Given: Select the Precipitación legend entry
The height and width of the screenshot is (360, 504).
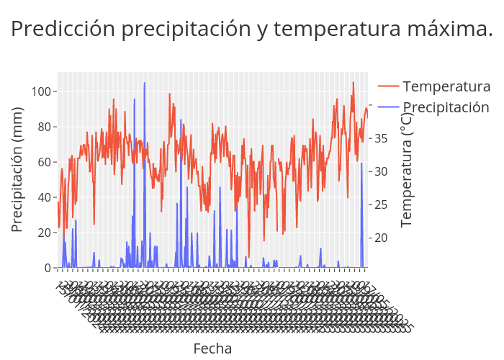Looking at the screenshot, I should [x=446, y=107].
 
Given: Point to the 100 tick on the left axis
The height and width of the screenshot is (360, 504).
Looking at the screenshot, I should [x=40, y=91].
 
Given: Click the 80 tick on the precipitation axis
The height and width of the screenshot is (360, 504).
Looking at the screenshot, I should [x=44, y=127].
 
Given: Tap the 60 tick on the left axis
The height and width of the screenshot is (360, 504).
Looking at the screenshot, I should [x=44, y=162].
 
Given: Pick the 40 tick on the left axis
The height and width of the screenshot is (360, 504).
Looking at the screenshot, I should [x=44, y=197].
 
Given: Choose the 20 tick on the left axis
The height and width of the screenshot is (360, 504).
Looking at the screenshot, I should [x=44, y=233].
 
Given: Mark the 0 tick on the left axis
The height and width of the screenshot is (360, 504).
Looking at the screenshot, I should [x=48, y=268].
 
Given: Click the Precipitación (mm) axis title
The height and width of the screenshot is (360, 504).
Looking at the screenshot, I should [x=18, y=169].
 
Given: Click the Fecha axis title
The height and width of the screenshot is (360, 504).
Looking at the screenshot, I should [x=212, y=348].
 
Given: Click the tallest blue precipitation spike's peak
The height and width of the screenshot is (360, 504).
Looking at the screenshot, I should [x=144, y=83].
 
